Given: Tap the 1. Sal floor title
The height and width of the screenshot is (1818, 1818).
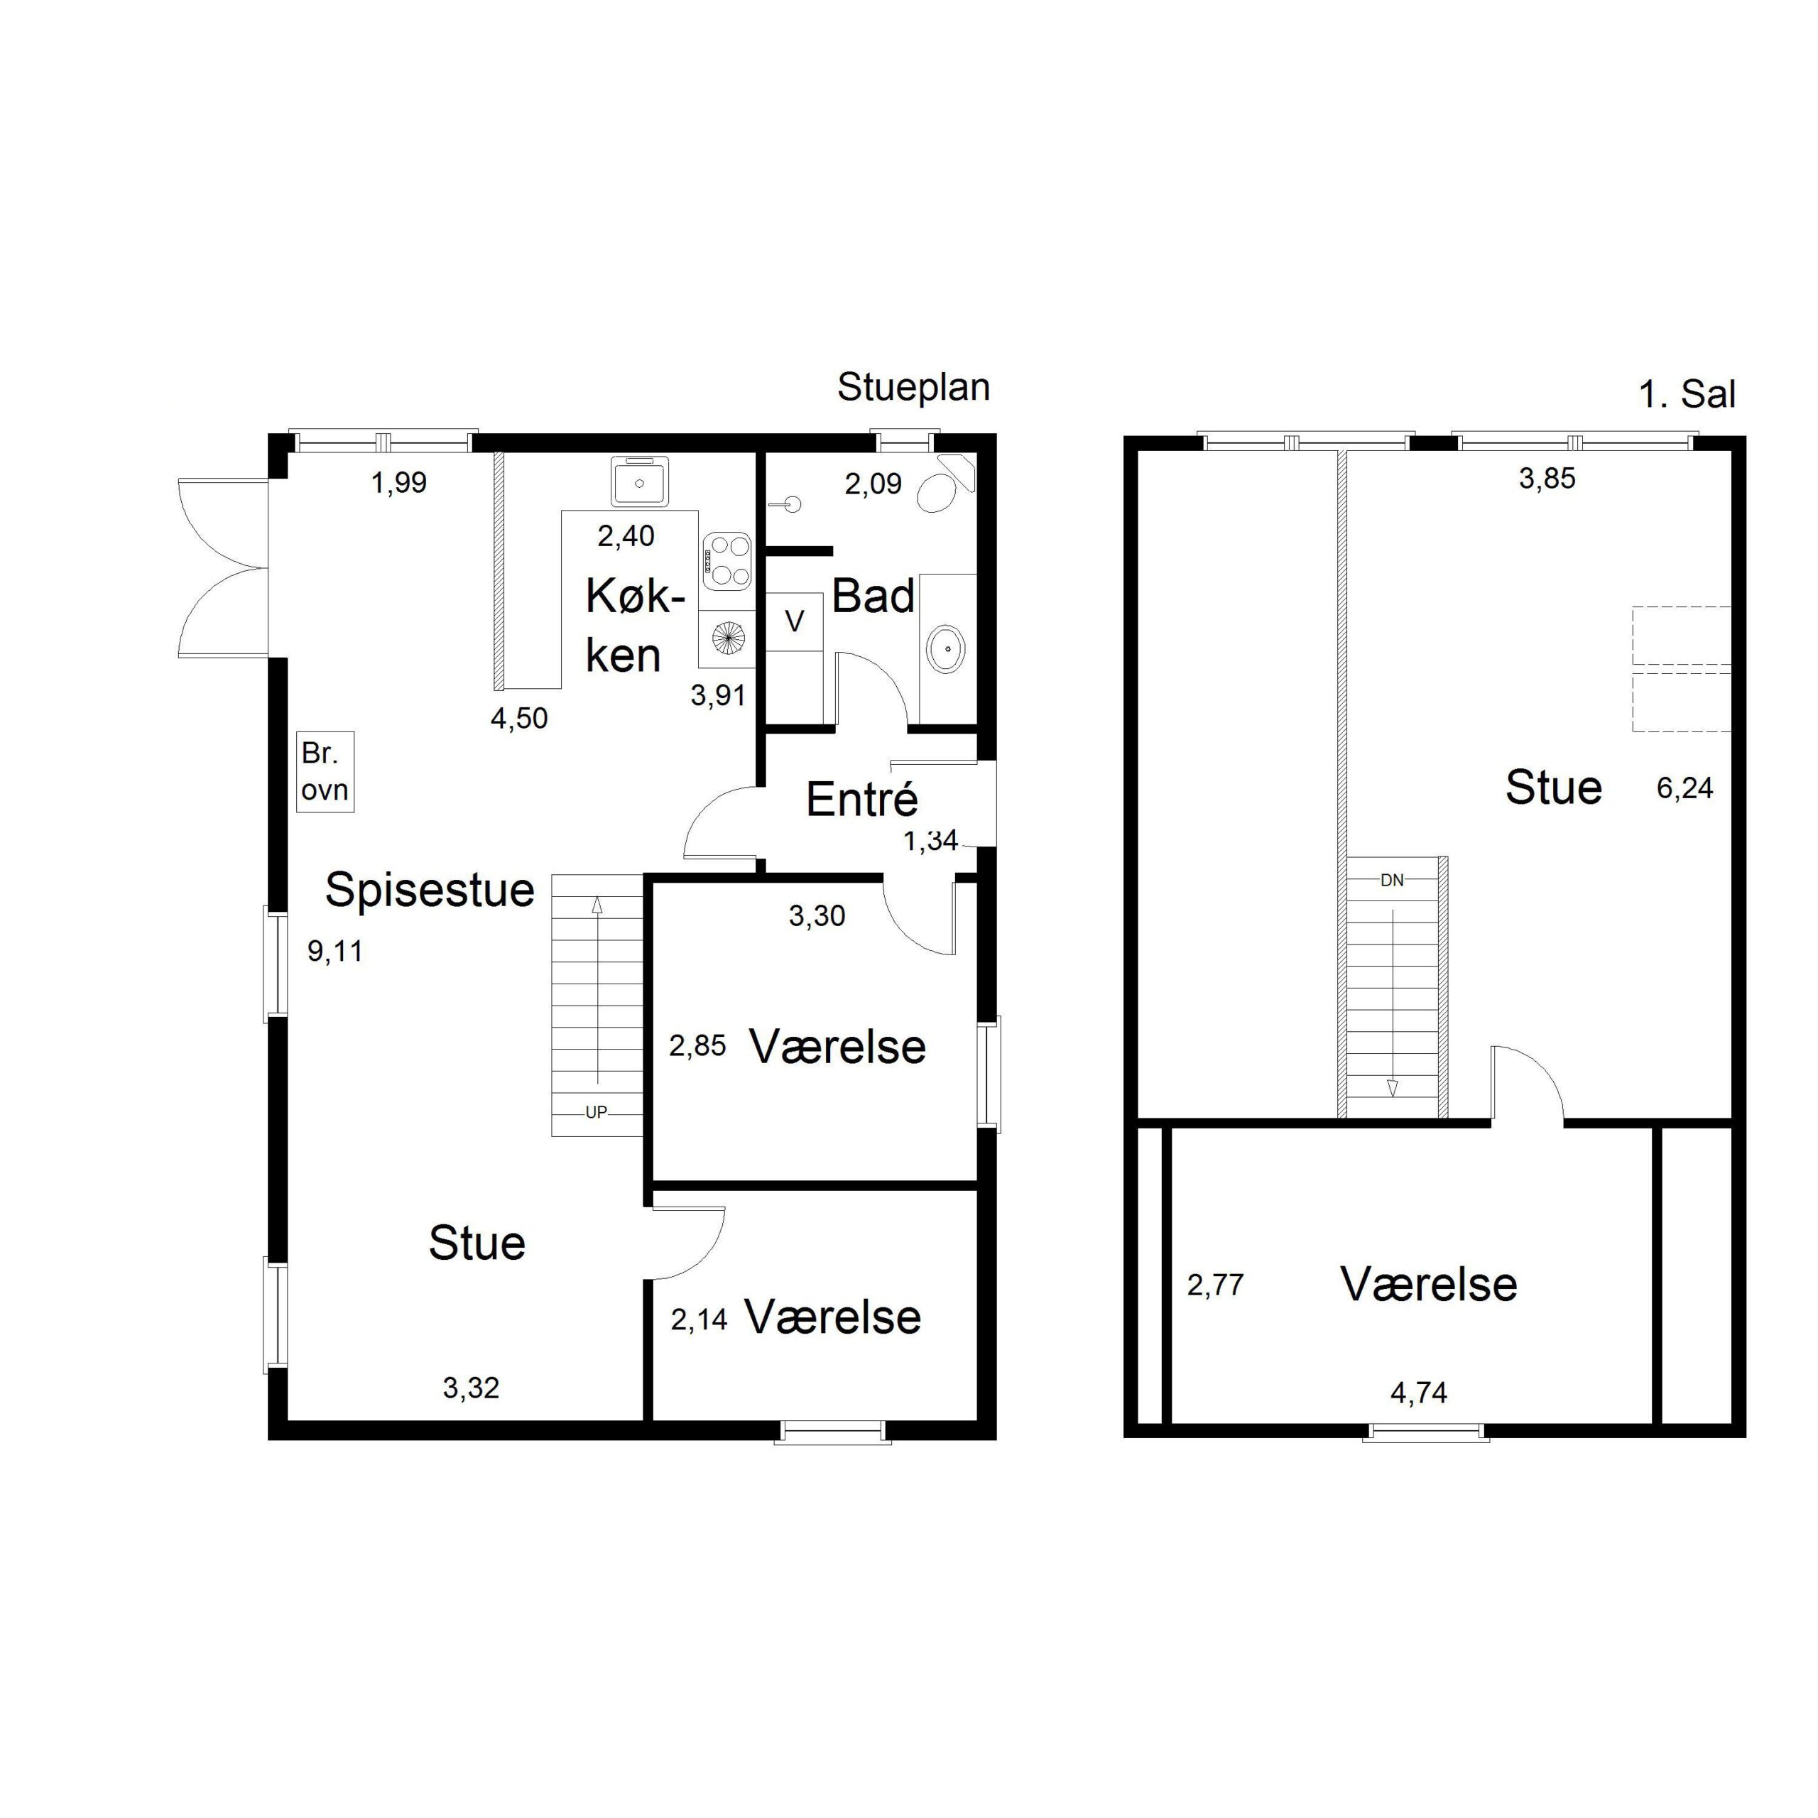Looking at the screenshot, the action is coord(1687,394).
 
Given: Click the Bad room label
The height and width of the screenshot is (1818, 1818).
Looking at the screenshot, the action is coord(873,597).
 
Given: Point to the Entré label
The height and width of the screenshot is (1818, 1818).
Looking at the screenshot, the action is coord(862,800).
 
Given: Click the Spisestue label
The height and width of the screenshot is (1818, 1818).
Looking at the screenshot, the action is coord(430,889).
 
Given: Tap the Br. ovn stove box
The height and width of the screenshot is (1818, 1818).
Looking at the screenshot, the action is coord(325,772).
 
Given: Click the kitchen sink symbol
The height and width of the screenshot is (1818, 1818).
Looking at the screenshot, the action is coord(640,481).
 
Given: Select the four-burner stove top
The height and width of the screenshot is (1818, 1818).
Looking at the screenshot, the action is coord(727,561).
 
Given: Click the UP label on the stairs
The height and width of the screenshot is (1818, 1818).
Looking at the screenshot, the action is coord(597,1112).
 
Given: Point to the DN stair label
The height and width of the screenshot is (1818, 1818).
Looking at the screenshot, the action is coord(1392,881).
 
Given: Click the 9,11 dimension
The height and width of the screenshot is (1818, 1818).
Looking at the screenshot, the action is coord(335,952).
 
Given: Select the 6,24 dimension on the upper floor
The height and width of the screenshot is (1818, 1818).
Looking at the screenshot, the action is coord(1684,788).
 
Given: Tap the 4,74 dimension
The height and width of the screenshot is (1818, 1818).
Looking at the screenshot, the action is coord(1419,1393).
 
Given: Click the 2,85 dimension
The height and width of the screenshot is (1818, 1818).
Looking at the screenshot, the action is coord(697,1045).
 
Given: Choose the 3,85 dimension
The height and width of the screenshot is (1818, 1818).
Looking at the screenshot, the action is coord(1547,478).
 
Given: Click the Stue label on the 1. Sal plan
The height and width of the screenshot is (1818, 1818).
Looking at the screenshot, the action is coord(1554,788).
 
